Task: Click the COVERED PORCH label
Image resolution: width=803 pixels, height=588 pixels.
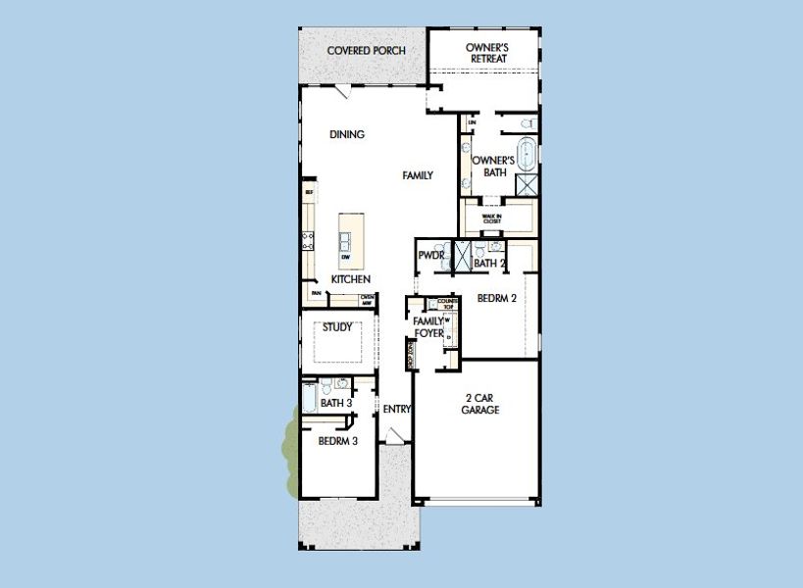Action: click(x=366, y=50)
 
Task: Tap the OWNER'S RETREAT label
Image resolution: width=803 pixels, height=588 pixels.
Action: click(x=486, y=52)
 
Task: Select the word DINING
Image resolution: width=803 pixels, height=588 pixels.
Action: click(x=347, y=134)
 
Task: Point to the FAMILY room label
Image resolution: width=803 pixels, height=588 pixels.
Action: click(x=418, y=175)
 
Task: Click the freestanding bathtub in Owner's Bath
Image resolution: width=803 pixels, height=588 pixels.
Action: click(x=527, y=155)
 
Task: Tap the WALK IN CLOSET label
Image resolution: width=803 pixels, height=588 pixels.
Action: click(x=491, y=219)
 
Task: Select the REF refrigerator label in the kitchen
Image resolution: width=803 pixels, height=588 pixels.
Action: click(x=309, y=193)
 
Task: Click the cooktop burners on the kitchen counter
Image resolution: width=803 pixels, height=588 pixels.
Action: click(x=308, y=237)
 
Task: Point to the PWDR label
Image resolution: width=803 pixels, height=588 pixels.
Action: click(x=431, y=256)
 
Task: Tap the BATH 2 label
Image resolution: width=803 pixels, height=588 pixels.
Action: click(x=488, y=263)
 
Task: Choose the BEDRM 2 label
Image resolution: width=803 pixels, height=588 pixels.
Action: click(x=497, y=298)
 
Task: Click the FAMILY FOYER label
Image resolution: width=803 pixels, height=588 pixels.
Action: click(x=427, y=326)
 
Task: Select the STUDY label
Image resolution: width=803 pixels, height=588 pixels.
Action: click(x=337, y=327)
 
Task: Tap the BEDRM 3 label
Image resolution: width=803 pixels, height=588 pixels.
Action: click(x=337, y=441)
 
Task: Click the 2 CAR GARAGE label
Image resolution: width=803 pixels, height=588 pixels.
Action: click(x=480, y=404)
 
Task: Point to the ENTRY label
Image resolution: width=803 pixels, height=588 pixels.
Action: click(x=397, y=409)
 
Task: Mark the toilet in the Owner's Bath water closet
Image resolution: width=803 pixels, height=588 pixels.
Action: click(x=527, y=123)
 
